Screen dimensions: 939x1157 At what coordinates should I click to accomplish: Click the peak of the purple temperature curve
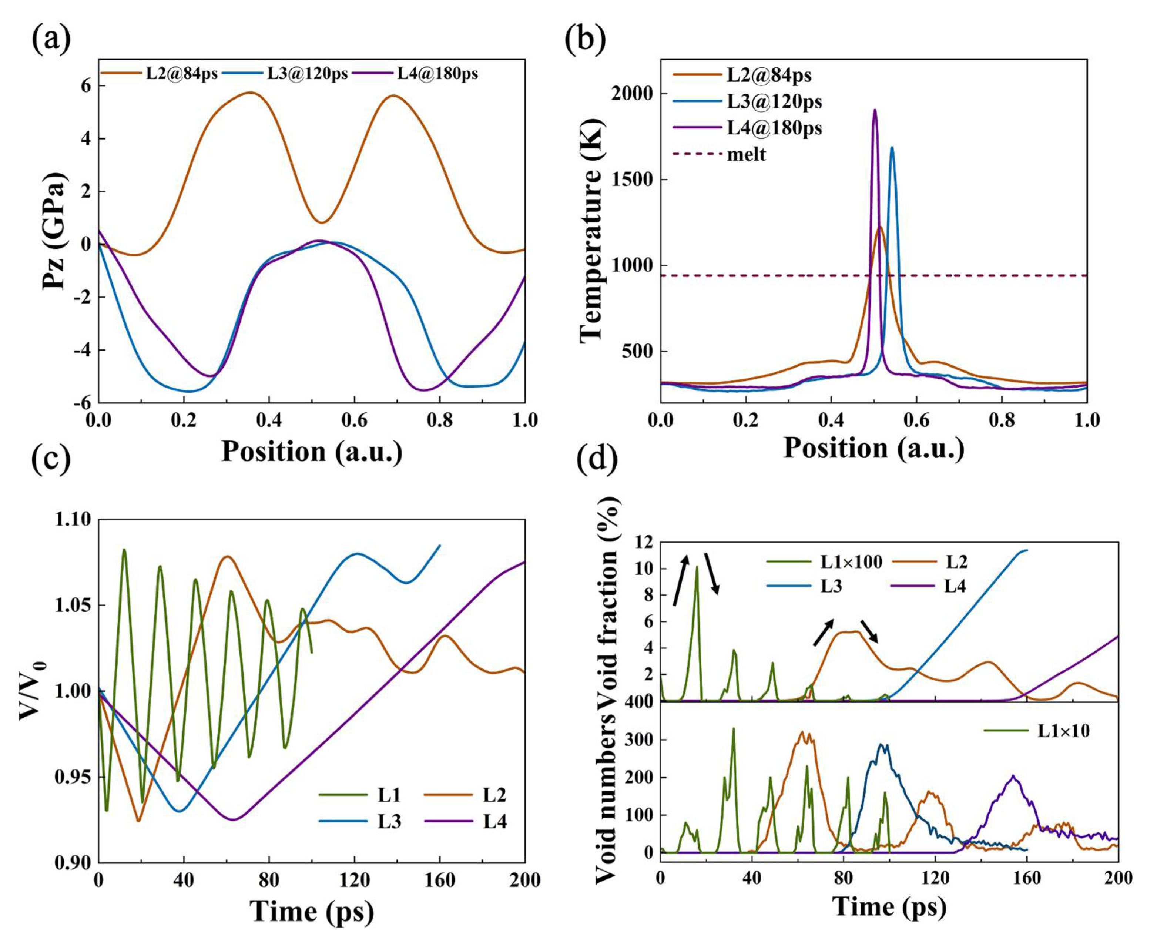coord(874,110)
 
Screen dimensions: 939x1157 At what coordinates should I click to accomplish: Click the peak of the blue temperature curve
coord(891,148)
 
